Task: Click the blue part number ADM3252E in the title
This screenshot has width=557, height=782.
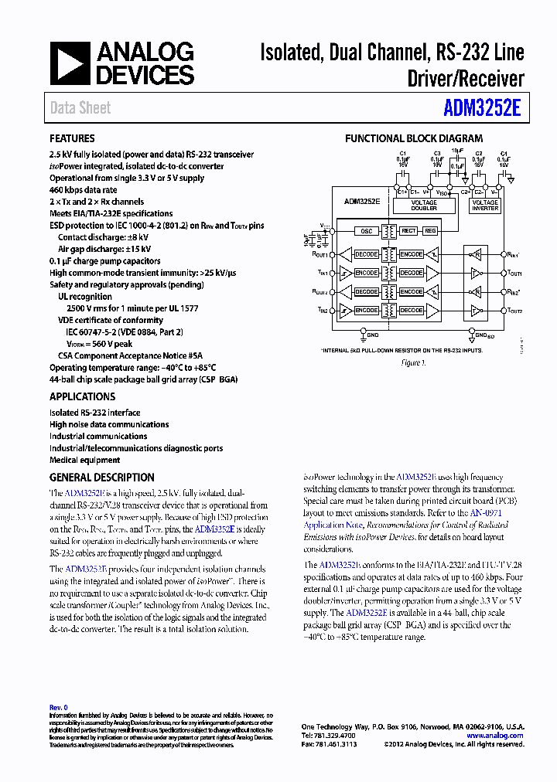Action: pyautogui.click(x=483, y=107)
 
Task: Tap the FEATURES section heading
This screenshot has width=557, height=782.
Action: pyautogui.click(x=72, y=138)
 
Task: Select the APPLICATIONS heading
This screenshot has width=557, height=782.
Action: pyautogui.click(x=82, y=396)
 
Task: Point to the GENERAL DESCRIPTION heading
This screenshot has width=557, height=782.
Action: pyautogui.click(x=102, y=478)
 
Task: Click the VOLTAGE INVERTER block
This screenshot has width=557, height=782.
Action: pyautogui.click(x=485, y=205)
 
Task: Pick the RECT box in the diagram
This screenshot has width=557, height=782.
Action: pyautogui.click(x=408, y=231)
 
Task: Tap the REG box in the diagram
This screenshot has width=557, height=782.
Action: pyautogui.click(x=430, y=231)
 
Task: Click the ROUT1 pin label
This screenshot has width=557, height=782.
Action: pyautogui.click(x=319, y=254)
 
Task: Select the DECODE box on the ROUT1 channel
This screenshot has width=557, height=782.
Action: pyautogui.click(x=365, y=254)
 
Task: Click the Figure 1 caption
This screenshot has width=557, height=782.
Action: pyautogui.click(x=414, y=362)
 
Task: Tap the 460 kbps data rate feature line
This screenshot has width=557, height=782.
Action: pyautogui.click(x=84, y=190)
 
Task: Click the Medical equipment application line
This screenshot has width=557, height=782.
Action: pyautogui.click(x=85, y=460)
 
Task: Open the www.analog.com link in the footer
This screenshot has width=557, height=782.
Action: pyautogui.click(x=495, y=736)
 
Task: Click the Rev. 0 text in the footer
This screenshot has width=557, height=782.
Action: pyautogui.click(x=59, y=707)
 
